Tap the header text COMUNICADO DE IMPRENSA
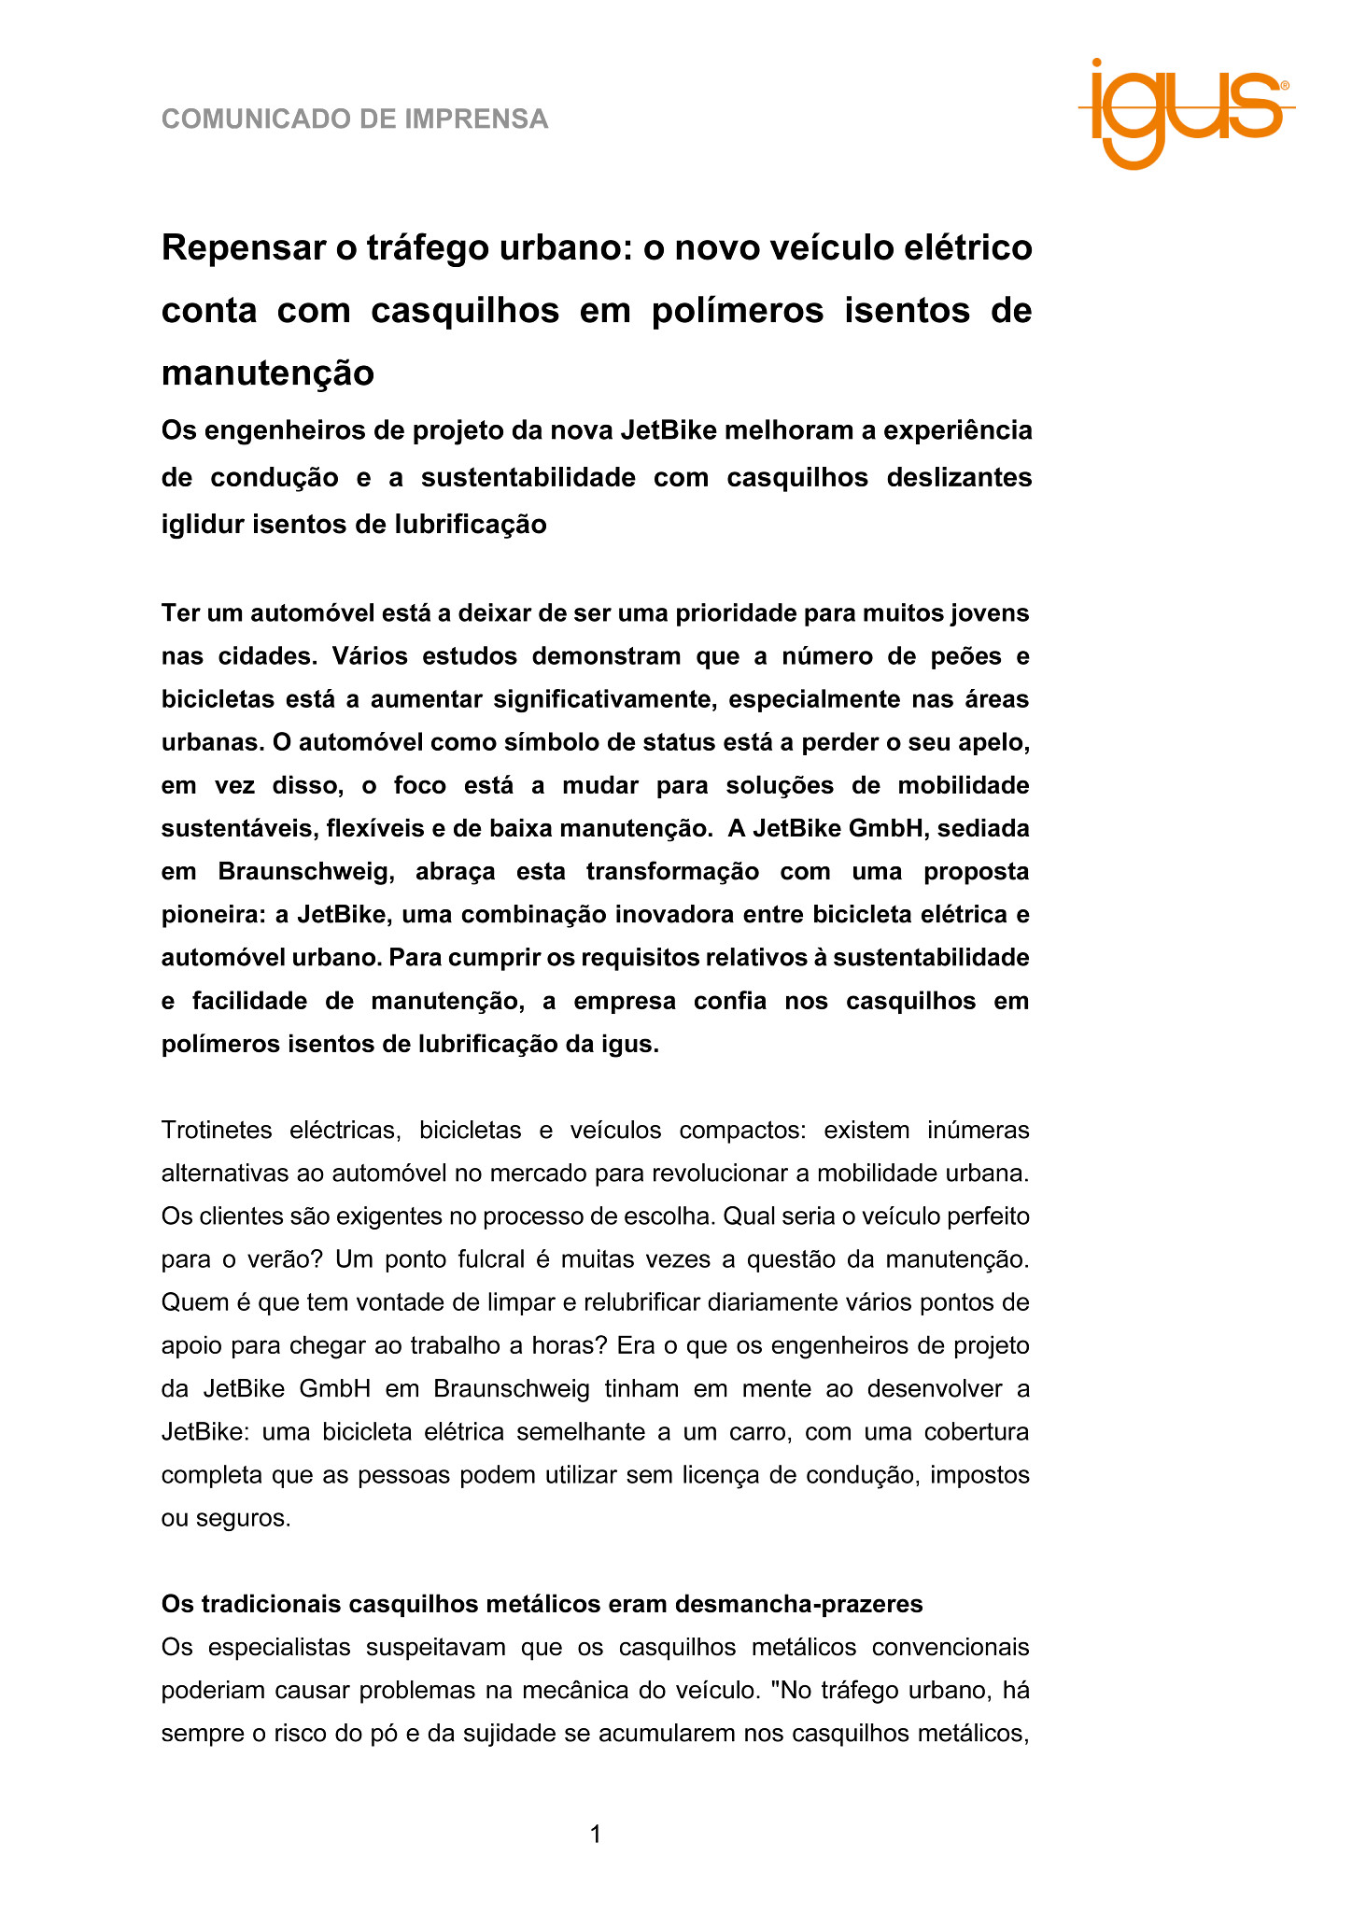click(x=355, y=119)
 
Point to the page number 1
click(x=596, y=1835)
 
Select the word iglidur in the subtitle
click(x=203, y=525)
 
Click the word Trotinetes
click(x=217, y=1131)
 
